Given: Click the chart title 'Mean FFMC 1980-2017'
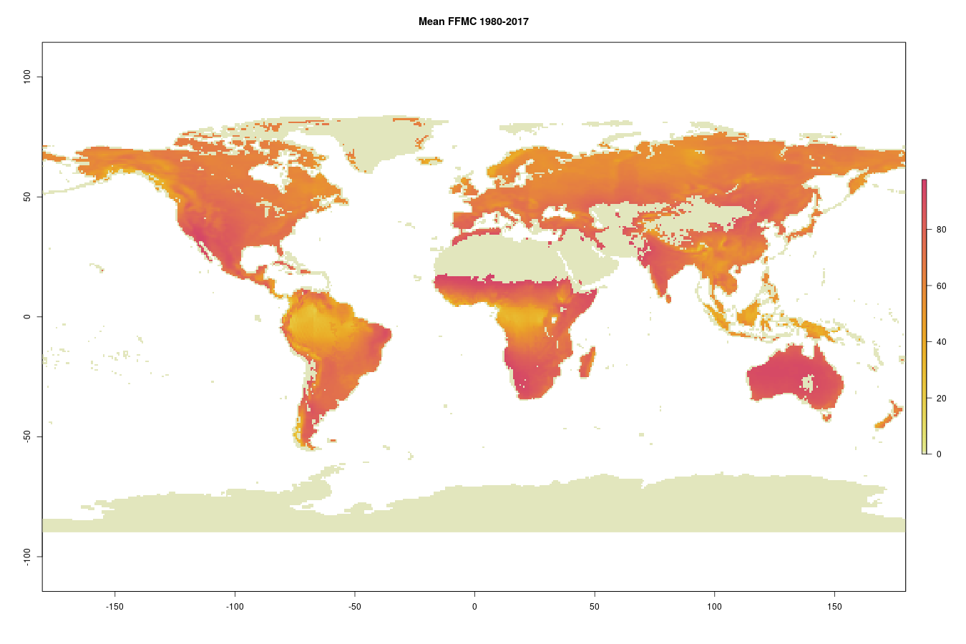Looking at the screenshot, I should [x=474, y=21].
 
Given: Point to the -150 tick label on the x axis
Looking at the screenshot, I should [x=114, y=607].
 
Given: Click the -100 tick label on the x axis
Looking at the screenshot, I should [x=235, y=607].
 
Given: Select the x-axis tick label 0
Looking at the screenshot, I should [x=474, y=607].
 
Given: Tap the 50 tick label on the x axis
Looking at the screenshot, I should [x=595, y=607].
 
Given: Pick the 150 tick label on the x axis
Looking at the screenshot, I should [x=834, y=607].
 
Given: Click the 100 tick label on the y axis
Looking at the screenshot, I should [x=27, y=77].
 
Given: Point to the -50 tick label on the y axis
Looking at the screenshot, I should [x=27, y=436].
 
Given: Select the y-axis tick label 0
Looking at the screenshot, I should [x=27, y=316].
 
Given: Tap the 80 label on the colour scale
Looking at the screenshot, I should [x=941, y=230].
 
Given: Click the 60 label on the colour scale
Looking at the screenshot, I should [x=941, y=286].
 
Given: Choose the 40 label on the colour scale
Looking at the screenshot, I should [x=941, y=342].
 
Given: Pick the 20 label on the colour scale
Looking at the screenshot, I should [x=941, y=399].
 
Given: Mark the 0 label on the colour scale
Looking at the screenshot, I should [x=939, y=454].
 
